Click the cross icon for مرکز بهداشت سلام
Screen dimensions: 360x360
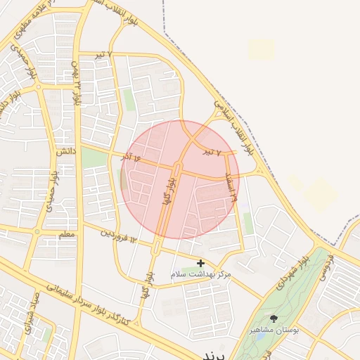click(x=201, y=263)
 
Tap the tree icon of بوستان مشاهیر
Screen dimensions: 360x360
click(x=274, y=319)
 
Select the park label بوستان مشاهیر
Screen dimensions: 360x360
click(x=275, y=329)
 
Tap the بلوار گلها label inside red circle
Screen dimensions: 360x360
click(x=167, y=191)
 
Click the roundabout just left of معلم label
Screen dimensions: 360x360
click(x=37, y=232)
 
